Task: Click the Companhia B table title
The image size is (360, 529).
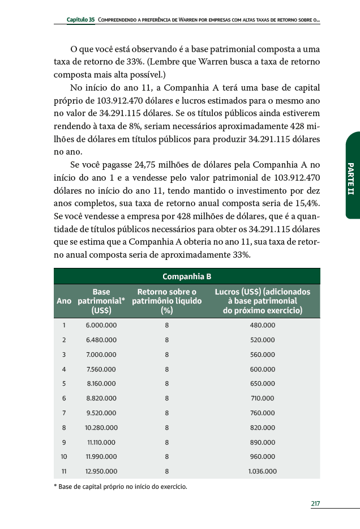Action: (x=187, y=276)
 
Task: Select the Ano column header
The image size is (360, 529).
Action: (x=64, y=301)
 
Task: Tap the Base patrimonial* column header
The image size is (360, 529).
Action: (x=101, y=301)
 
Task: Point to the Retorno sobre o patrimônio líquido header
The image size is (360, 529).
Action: (x=166, y=301)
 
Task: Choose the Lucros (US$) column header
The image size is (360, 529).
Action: (x=262, y=301)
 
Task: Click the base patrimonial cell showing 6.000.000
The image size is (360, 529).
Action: (x=101, y=325)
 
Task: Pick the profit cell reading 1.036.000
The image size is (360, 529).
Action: (x=262, y=471)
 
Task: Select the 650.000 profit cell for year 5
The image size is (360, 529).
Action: (x=262, y=383)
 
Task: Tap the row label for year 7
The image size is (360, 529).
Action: (x=64, y=413)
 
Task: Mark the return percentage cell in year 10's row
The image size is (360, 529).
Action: (x=166, y=457)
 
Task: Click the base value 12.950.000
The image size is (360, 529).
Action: (x=101, y=471)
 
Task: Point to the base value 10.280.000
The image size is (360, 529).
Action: (x=101, y=428)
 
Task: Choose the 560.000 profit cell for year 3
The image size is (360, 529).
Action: (x=262, y=354)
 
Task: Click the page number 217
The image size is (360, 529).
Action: (x=316, y=503)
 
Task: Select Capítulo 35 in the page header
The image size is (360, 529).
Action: (x=80, y=20)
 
